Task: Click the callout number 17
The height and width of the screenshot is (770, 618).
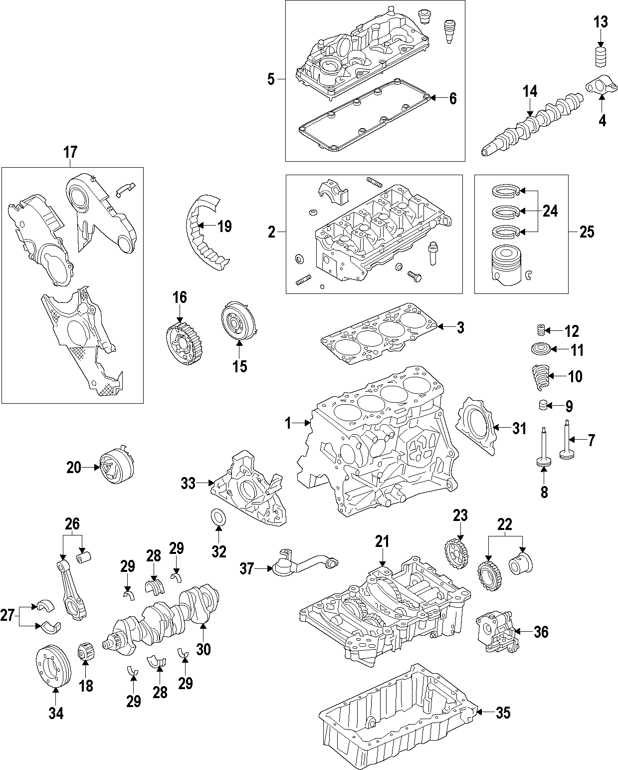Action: [70, 152]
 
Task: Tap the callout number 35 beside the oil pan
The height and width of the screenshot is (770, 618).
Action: [503, 713]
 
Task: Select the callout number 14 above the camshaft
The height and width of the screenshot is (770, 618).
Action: [530, 91]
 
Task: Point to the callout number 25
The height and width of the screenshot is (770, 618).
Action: [587, 232]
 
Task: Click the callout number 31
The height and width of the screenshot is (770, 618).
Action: [519, 428]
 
